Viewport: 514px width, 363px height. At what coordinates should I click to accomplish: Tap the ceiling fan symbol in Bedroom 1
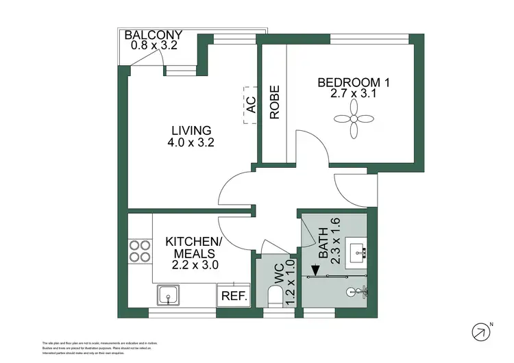coord(354,118)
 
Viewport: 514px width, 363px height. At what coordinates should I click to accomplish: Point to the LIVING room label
coord(191,130)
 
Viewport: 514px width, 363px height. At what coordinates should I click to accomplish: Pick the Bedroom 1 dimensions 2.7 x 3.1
coord(354,96)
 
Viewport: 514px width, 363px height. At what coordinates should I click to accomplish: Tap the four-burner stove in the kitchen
coord(140,251)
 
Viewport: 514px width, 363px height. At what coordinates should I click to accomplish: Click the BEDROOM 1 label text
coord(354,83)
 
